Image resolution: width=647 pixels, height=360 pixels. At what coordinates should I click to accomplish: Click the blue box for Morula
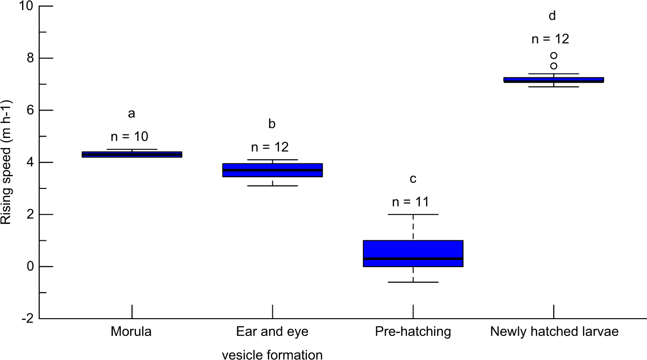(132, 154)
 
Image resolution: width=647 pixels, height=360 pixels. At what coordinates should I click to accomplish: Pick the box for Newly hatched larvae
(553, 80)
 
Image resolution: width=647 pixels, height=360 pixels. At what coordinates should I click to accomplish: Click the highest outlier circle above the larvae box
(553, 55)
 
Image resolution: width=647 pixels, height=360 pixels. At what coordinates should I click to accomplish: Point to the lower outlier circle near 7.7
(553, 66)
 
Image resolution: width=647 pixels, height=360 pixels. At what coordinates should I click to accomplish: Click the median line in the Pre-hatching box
(413, 259)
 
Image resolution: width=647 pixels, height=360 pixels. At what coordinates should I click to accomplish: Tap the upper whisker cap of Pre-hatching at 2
(413, 214)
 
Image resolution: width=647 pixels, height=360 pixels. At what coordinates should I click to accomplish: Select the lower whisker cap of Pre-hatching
(413, 282)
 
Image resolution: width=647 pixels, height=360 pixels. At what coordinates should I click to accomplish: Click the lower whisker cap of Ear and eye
(272, 186)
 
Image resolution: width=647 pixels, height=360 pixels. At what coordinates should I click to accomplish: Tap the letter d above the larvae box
(552, 16)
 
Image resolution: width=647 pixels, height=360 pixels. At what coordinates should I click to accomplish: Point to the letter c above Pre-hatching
(413, 179)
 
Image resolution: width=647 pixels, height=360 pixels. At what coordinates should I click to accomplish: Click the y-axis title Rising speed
(7, 162)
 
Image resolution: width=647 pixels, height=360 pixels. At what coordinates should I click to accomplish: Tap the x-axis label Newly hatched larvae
(554, 332)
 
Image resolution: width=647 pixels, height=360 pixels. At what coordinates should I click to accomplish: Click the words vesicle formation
(272, 355)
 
